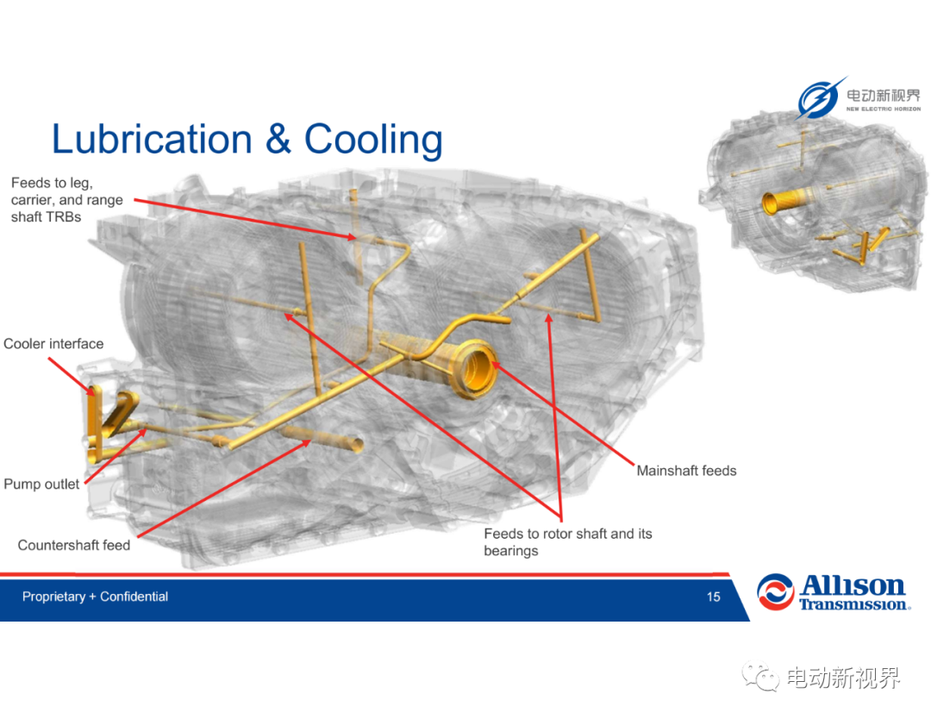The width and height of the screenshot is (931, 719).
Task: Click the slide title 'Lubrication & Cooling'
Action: click(247, 141)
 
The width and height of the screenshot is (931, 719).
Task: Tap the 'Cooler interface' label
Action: click(53, 344)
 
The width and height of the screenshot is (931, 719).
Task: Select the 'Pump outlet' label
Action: click(41, 484)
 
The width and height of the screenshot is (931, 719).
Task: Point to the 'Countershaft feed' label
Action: click(73, 545)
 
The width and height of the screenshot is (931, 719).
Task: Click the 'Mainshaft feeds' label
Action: click(686, 471)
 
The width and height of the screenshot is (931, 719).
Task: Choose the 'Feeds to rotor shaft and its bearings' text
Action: click(567, 542)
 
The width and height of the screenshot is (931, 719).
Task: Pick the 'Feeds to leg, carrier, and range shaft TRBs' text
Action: click(67, 199)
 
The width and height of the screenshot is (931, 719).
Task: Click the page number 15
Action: click(713, 597)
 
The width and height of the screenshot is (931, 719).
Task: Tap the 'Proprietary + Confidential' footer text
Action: click(95, 597)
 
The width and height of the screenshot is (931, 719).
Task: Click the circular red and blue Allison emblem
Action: click(776, 592)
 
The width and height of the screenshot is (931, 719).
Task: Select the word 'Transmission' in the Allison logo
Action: click(853, 604)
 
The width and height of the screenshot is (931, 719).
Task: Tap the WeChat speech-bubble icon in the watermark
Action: click(760, 677)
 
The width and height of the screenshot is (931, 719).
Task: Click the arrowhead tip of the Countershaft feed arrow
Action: click(310, 441)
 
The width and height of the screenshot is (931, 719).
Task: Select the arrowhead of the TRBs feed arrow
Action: click(355, 237)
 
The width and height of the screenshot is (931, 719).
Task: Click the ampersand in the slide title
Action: click(278, 140)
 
